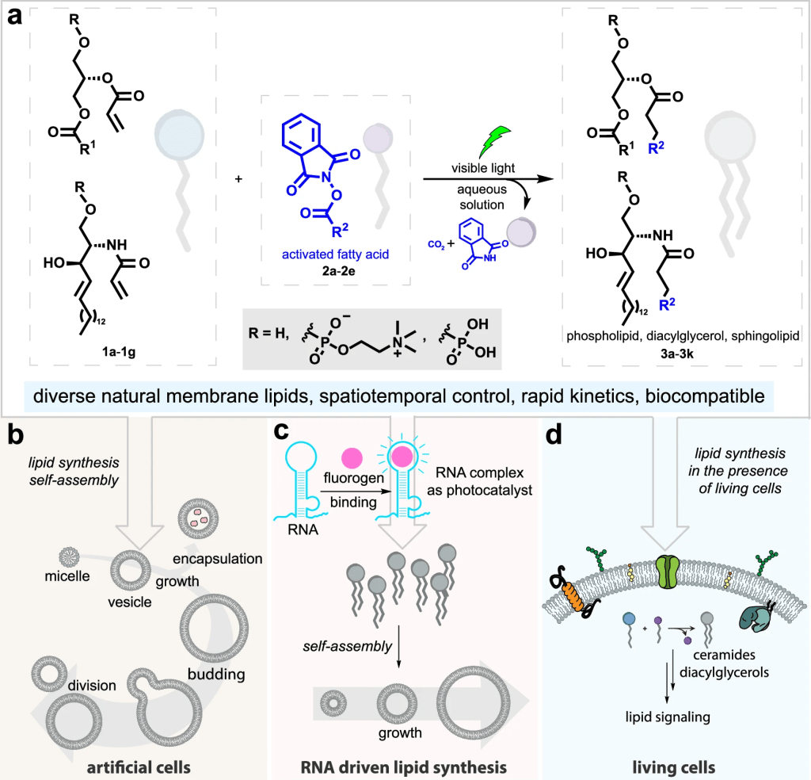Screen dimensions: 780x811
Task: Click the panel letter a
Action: point(15,18)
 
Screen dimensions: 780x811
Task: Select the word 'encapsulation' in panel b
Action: point(218,558)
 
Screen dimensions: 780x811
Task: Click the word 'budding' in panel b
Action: point(216,675)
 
